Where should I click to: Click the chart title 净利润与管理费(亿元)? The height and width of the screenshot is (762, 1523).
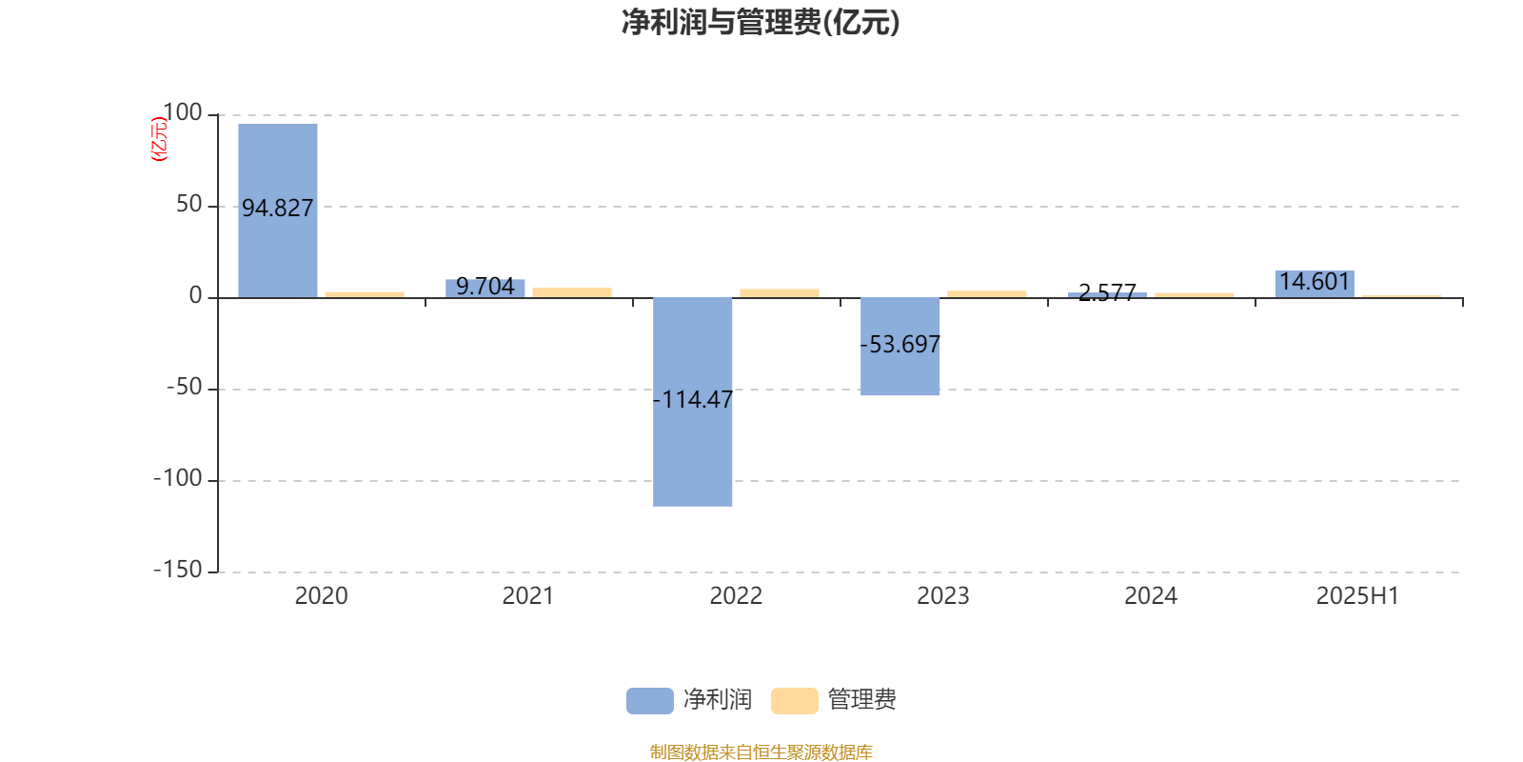pos(761,23)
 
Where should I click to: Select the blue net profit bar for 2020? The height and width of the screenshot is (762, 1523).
pos(277,211)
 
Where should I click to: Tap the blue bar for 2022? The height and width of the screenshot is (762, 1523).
pos(692,402)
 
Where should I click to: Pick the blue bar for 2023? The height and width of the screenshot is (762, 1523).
pos(900,347)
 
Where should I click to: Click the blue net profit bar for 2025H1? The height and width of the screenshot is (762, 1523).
pos(1315,285)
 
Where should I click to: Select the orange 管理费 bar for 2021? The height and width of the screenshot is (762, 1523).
pos(572,292)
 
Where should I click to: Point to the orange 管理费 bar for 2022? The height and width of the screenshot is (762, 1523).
pos(780,293)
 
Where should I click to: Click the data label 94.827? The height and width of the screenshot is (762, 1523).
pos(277,209)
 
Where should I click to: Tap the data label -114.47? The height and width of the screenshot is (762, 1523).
pos(692,399)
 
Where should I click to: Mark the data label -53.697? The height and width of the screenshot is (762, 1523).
pos(900,344)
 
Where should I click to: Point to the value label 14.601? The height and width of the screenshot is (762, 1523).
pos(1315,281)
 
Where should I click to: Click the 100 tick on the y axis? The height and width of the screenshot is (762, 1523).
pos(183,112)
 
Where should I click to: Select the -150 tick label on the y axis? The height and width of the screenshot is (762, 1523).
pos(178,570)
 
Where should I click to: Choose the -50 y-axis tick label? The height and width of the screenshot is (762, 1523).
pos(185,387)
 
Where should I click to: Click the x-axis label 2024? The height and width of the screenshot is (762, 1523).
pos(1151,596)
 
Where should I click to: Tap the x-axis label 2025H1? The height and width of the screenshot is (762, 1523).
pos(1357,596)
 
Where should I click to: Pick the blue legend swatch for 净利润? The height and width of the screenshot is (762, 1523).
pos(650,701)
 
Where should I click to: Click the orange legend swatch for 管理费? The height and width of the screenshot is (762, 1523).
pos(794,701)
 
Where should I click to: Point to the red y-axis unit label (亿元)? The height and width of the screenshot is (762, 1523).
pos(158,139)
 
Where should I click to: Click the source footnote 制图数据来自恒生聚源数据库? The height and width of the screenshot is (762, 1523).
pos(761,752)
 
